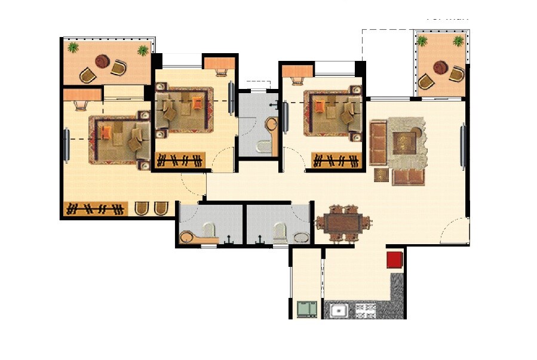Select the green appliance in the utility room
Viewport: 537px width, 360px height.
[x=307, y=309]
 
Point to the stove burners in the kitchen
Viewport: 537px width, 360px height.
[x=366, y=310]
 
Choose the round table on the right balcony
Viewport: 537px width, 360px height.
[x=441, y=67]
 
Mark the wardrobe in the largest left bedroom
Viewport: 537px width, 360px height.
[x=96, y=209]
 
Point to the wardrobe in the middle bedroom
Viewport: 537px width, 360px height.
[x=180, y=160]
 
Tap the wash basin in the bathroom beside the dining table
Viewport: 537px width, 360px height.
[x=300, y=238]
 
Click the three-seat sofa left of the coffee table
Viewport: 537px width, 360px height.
[x=378, y=143]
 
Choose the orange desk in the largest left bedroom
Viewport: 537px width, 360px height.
[x=82, y=94]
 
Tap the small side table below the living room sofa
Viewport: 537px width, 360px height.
[x=381, y=175]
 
